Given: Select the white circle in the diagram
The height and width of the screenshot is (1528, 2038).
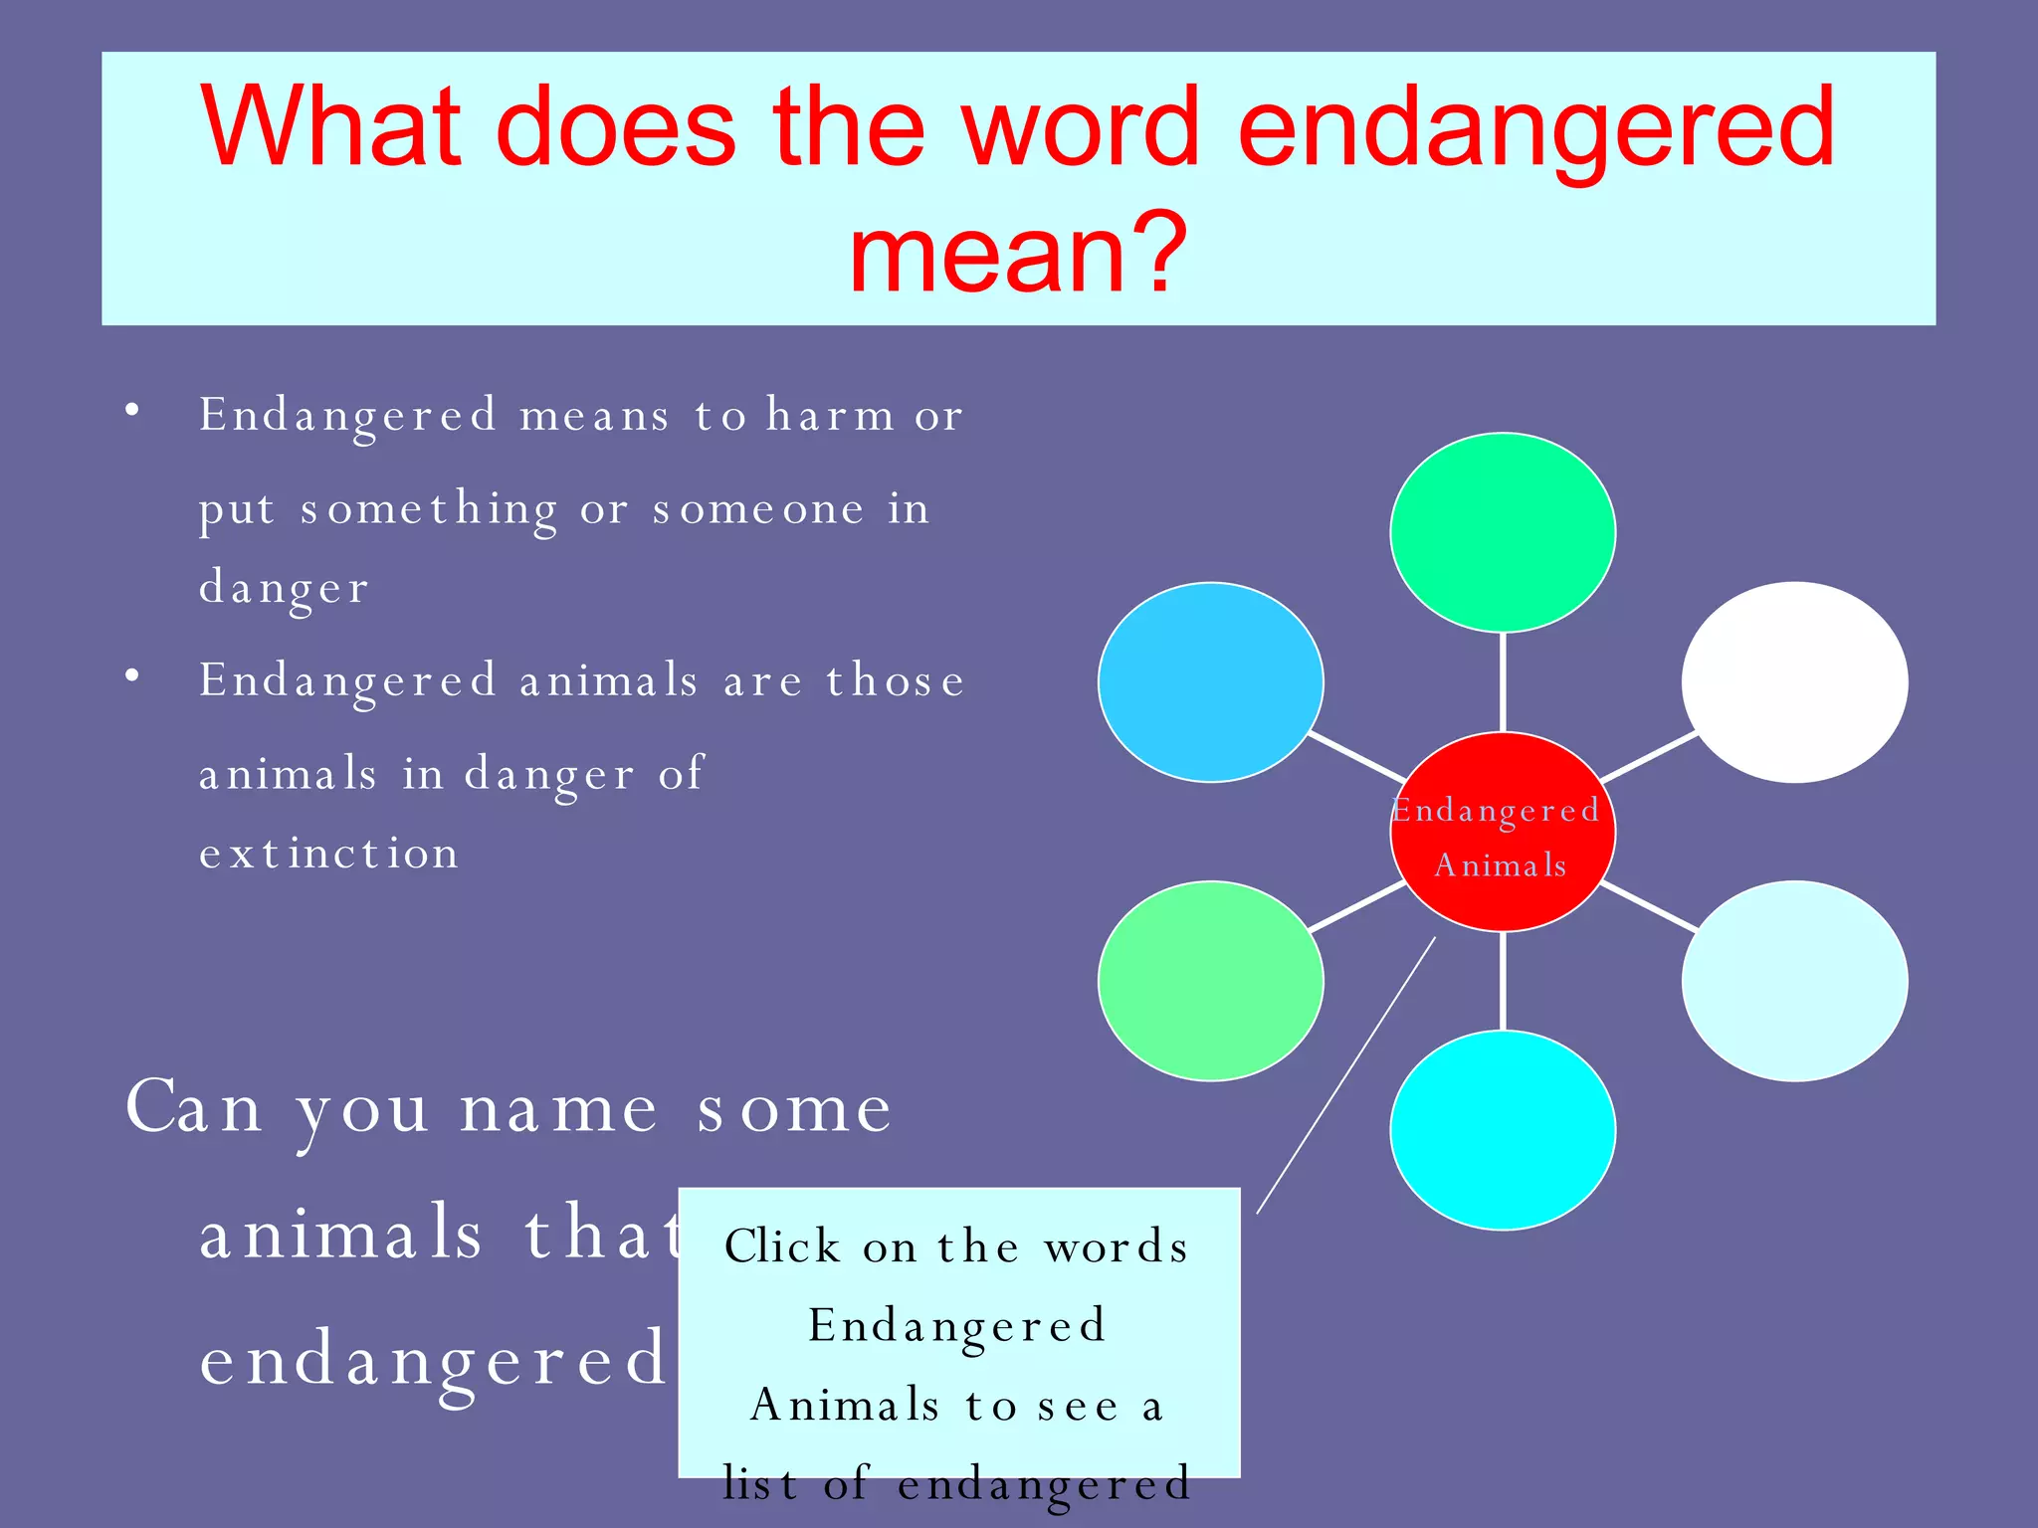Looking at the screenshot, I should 1794,682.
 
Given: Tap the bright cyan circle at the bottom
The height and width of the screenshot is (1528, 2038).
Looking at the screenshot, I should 1503,1131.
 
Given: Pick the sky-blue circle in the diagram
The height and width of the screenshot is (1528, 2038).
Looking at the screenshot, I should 1211,682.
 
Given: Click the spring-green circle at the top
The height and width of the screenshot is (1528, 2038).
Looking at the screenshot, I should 1503,532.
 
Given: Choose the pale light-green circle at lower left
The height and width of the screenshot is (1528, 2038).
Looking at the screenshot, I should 1211,981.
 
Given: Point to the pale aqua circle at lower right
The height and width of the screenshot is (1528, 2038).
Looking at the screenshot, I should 1794,981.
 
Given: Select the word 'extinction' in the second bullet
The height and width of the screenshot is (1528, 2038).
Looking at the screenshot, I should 329,854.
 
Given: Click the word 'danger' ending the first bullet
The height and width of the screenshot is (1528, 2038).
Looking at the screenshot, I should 285,587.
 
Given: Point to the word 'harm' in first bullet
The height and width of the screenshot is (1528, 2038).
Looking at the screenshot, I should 831,416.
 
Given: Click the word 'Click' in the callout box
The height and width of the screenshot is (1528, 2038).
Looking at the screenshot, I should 783,1246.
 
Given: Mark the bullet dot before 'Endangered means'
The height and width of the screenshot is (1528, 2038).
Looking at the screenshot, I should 132,410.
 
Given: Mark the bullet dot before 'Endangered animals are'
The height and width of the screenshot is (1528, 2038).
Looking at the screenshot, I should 132,676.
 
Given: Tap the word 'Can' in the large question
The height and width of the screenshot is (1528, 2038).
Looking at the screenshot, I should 195,1107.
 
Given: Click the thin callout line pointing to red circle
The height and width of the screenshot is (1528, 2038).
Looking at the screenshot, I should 1345,1075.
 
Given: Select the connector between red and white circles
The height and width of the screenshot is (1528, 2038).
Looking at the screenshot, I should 1648,757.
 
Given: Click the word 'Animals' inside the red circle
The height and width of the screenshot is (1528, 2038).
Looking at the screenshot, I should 1501,865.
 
